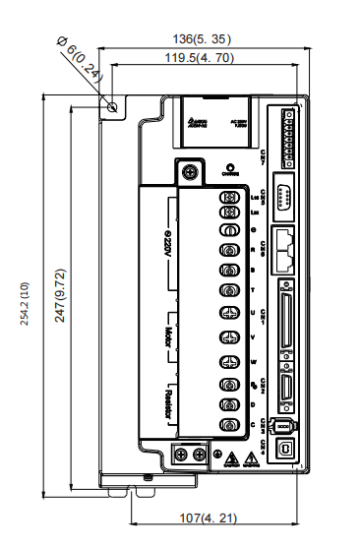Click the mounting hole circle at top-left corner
(x=114, y=105)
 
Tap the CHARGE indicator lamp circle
(x=229, y=168)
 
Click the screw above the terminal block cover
(x=189, y=169)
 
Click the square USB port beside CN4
(x=288, y=447)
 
